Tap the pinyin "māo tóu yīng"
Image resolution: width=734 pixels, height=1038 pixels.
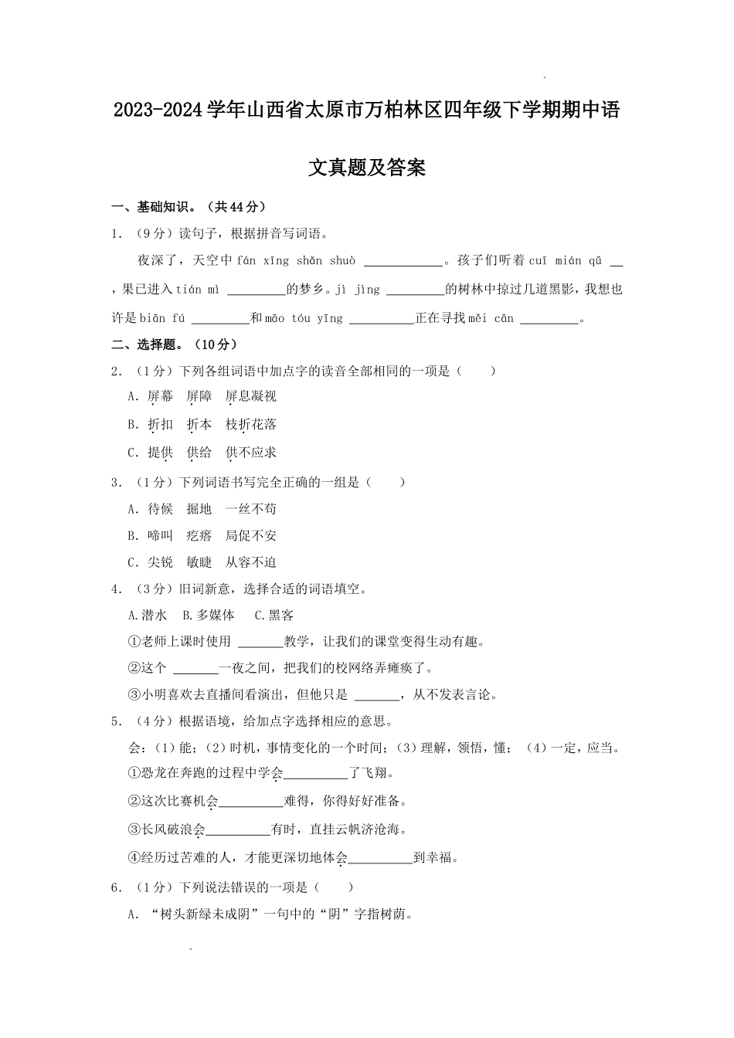(304, 318)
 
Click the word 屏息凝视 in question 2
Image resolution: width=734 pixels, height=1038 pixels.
(250, 396)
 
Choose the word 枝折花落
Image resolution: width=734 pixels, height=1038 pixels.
(250, 424)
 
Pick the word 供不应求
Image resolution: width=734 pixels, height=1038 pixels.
(250, 452)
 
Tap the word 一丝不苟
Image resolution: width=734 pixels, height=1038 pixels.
(250, 509)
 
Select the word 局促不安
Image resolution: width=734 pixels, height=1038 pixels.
(250, 536)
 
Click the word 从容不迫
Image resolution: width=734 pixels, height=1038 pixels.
(250, 562)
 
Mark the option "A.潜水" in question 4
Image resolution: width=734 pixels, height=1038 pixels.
(147, 616)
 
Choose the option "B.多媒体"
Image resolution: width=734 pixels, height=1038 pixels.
(208, 616)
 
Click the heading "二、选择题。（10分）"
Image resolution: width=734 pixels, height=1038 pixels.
(175, 344)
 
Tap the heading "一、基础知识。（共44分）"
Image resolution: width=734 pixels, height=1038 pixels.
(189, 207)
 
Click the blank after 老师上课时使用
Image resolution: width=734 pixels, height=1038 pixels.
(259, 643)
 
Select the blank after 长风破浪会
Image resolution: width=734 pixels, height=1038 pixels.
(238, 830)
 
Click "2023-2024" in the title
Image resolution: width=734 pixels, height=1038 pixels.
(158, 111)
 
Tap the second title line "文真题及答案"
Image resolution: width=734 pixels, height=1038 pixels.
(367, 168)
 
